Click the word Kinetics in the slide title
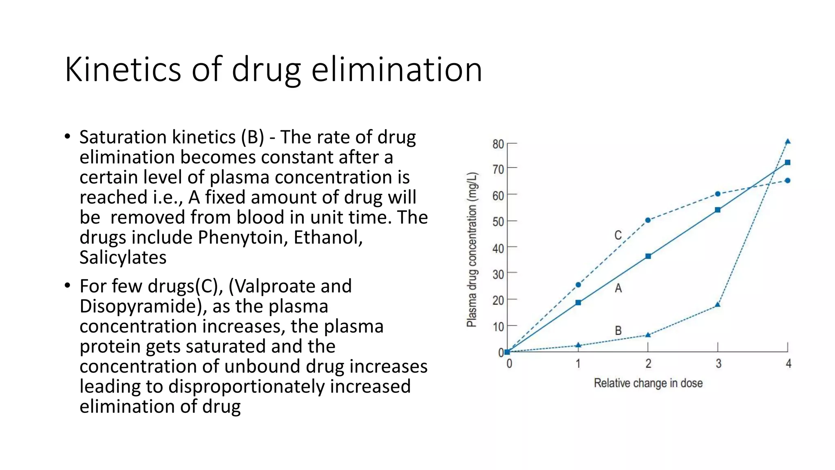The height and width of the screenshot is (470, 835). click(123, 70)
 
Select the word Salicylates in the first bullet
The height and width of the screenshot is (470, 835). click(123, 257)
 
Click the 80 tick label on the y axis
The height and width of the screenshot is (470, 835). click(498, 144)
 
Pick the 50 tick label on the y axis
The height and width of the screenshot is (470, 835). click(498, 222)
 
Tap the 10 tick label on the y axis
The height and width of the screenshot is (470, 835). click(498, 327)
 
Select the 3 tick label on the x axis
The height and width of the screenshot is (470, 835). click(718, 364)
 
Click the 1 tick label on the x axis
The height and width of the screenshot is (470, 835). click(578, 364)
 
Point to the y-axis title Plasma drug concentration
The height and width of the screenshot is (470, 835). click(472, 249)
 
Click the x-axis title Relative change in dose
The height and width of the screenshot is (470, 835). click(648, 383)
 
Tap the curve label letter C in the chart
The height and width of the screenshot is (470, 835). click(618, 235)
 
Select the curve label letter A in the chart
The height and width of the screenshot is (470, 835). click(618, 288)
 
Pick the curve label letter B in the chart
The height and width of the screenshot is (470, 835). click(618, 330)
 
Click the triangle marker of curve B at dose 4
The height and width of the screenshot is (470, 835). click(788, 142)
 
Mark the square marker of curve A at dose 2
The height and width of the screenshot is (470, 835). click(648, 256)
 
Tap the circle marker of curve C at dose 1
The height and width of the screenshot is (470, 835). click(578, 285)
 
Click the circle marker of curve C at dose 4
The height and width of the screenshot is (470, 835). click(788, 180)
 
